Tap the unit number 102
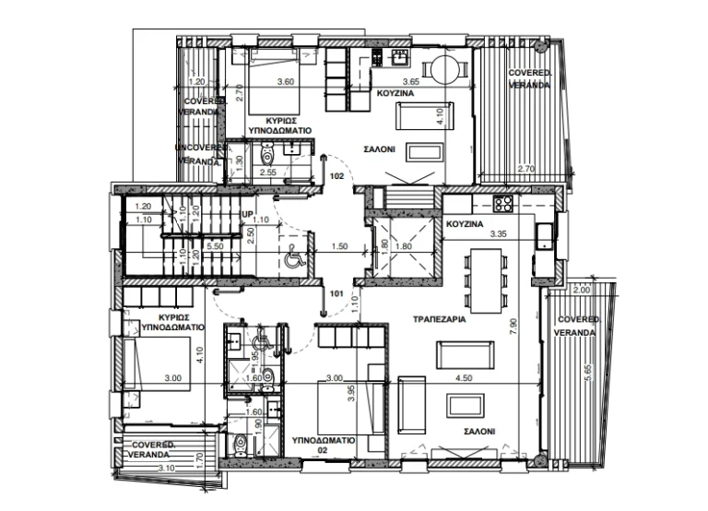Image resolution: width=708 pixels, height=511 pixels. [336, 175]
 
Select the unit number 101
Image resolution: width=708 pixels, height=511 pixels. [336, 295]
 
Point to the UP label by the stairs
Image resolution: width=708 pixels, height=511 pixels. [246, 214]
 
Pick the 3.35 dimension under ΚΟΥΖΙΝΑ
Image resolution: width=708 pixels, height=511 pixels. [500, 233]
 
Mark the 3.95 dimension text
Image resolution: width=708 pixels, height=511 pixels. [350, 394]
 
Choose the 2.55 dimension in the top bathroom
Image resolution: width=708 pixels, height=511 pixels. [268, 172]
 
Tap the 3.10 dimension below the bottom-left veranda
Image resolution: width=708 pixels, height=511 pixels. [167, 468]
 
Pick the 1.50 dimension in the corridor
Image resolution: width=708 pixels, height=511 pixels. [338, 246]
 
